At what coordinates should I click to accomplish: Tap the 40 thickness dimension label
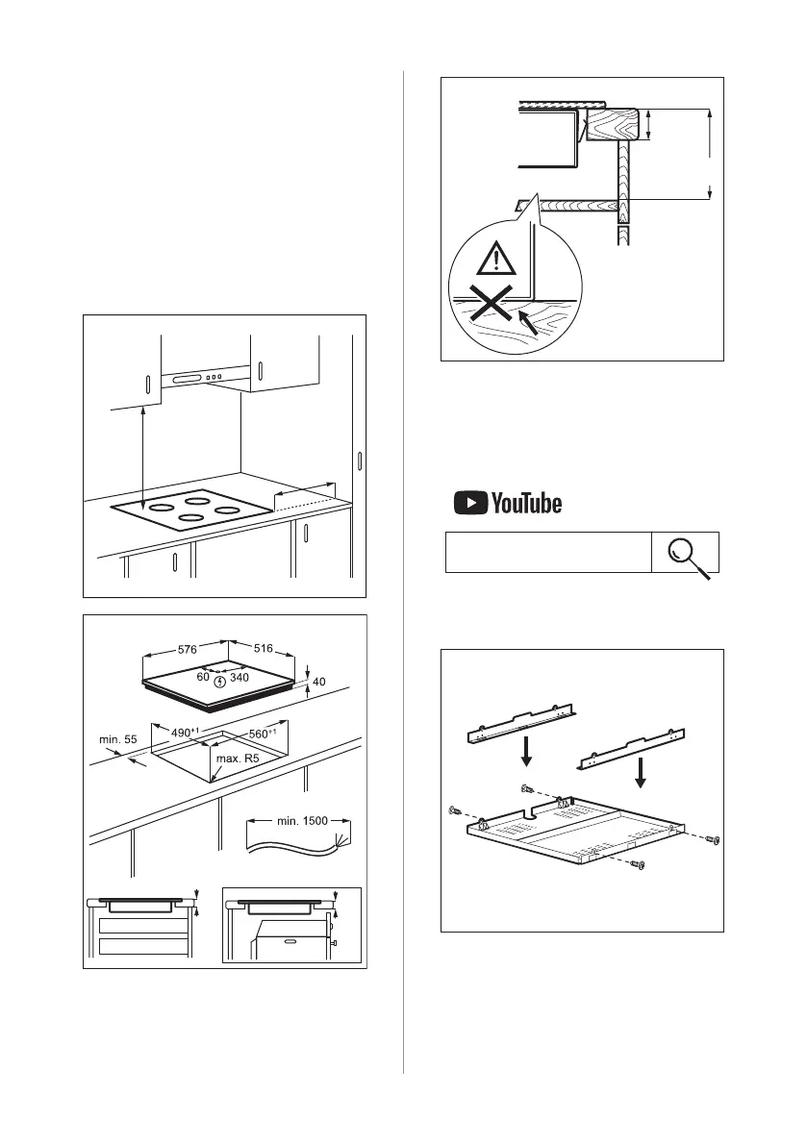coord(319,682)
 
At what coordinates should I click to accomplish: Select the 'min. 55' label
coord(118,740)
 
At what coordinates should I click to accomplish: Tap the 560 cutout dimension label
coord(265,734)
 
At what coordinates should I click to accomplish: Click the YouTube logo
coord(508,503)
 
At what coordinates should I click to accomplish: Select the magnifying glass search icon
coord(689,555)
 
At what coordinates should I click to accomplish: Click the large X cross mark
coord(490,309)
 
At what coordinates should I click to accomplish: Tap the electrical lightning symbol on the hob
coord(220,682)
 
